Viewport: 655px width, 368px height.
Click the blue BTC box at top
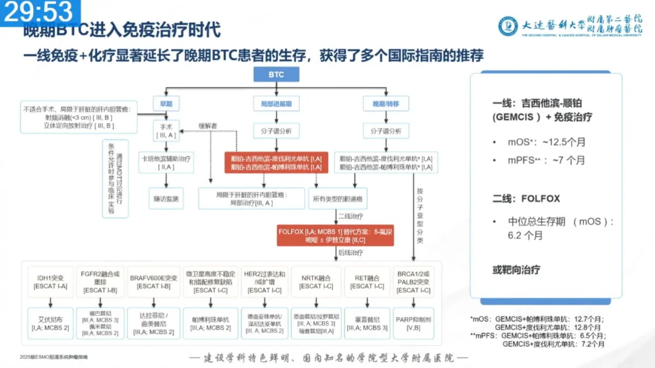[276, 75]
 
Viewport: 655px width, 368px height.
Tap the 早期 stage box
[166, 104]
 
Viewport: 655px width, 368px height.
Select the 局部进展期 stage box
[276, 104]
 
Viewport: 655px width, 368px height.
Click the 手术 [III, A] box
[166, 131]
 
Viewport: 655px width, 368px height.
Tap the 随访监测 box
[166, 198]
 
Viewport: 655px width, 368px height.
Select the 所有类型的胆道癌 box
[339, 198]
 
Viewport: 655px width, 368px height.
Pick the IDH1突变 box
[50, 281]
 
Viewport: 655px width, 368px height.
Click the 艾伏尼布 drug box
[50, 324]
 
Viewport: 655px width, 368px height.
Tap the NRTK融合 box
[315, 281]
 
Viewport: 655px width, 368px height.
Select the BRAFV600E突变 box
[154, 281]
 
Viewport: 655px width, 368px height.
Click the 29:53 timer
[39, 11]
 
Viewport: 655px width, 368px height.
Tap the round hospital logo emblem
[508, 26]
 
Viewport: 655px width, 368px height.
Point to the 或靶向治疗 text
[516, 269]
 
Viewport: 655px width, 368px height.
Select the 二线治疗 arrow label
[351, 216]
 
